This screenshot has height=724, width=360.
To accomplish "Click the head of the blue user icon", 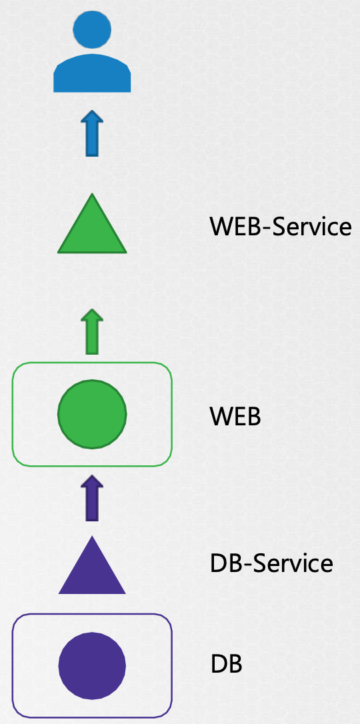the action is point(92,29).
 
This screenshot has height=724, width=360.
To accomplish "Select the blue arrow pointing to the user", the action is point(92,133).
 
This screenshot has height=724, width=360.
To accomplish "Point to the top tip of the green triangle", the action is point(92,193).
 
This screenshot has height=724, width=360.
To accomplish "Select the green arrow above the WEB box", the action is point(92,331).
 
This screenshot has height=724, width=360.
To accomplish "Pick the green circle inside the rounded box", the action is point(92,414).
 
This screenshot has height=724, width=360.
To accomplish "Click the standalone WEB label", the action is point(235,417).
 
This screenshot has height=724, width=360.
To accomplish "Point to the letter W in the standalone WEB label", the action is point(221,417).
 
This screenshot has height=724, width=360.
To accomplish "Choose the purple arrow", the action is point(92,498).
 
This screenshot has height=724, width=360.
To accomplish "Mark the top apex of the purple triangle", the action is point(92,535).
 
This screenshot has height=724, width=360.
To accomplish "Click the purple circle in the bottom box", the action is point(92,666).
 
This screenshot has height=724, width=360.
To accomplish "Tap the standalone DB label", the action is point(226,665).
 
